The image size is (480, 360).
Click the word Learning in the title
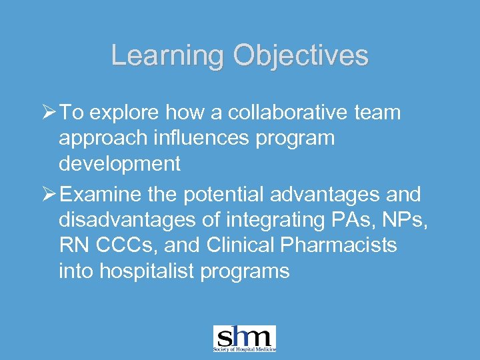point(169,55)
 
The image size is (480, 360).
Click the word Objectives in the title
point(301,55)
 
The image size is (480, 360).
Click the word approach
point(100,139)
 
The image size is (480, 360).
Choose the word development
point(120,163)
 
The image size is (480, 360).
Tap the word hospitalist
point(145,271)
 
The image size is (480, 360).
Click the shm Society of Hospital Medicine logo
point(244,339)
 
